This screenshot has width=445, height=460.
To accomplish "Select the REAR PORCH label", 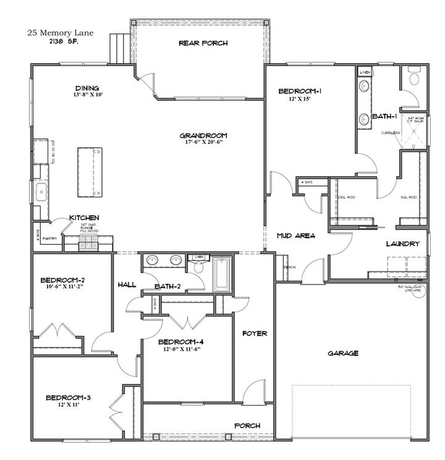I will (203, 43).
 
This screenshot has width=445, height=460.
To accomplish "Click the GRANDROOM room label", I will (203, 135).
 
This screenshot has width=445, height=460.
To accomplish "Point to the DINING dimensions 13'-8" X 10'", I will (87, 96).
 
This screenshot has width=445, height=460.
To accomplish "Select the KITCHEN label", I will (85, 218).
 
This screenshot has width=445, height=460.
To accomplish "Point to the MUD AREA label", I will (296, 236).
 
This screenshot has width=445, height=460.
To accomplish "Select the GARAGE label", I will (343, 354).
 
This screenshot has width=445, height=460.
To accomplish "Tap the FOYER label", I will (254, 333).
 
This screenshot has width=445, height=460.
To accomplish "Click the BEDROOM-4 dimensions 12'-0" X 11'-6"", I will (179, 349).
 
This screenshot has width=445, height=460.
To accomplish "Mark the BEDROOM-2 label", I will (61, 279).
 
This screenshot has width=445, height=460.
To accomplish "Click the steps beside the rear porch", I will (119, 48).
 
